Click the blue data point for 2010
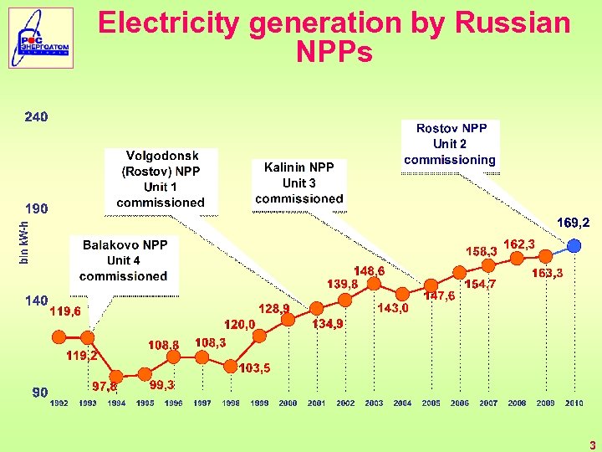574,245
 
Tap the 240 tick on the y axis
36,117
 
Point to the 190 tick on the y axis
36,208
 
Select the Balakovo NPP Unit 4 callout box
125,260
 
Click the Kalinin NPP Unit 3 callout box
298,182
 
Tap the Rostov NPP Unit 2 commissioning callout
450,143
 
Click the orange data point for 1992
59,337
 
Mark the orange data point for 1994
116,376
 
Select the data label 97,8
105,387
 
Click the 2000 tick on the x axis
288,403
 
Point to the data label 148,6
369,272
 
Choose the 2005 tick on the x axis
431,403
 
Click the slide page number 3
591,445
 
